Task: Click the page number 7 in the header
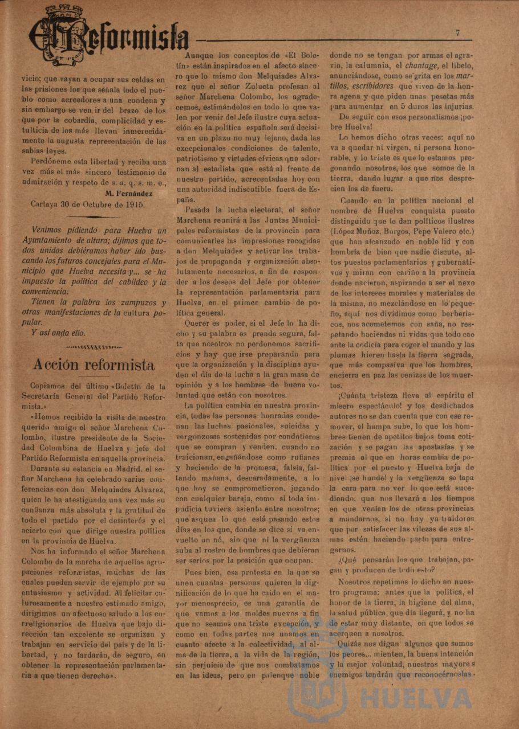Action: [x=458, y=33]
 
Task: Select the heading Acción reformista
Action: [x=94, y=364]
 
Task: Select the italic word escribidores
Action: [x=372, y=86]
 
